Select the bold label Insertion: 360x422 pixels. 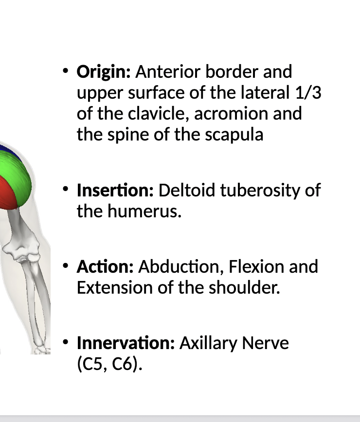[115, 190]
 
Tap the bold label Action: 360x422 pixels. [105, 267]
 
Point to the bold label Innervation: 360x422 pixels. [126, 343]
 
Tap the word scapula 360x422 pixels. [234, 135]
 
